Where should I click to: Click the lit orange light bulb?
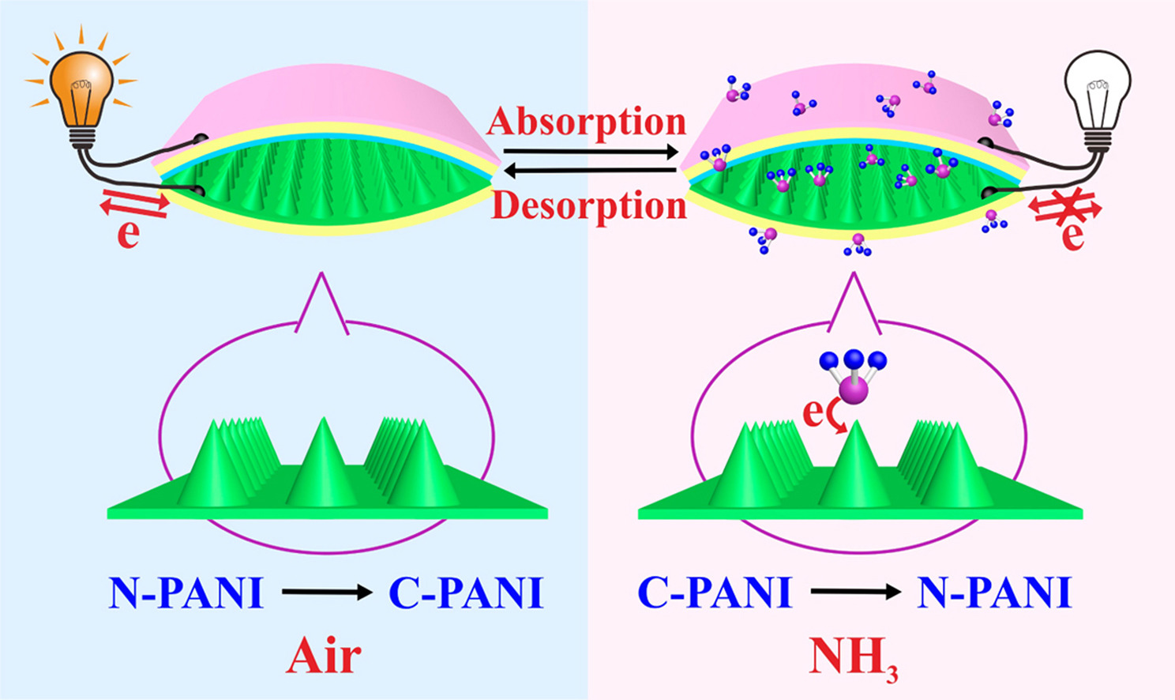[81, 87]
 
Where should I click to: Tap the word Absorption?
[587, 122]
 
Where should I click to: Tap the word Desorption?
[589, 206]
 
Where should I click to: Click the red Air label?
[324, 656]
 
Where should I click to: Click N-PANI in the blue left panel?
[186, 593]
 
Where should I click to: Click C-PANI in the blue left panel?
[466, 593]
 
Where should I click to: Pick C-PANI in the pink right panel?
[715, 593]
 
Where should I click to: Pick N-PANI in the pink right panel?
[993, 593]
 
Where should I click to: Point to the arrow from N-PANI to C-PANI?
[326, 592]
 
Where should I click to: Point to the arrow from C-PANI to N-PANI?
[855, 592]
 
